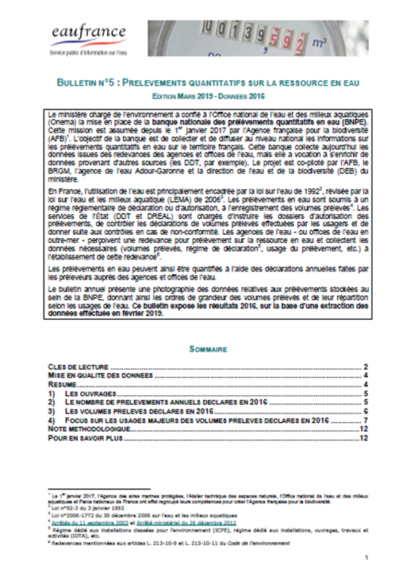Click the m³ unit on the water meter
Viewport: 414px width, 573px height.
320,37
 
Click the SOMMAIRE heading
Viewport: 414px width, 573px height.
209,348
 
